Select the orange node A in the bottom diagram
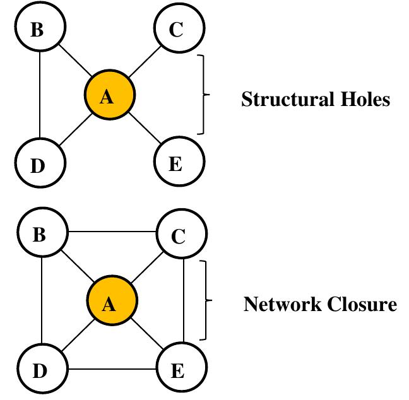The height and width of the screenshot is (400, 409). pyautogui.click(x=110, y=304)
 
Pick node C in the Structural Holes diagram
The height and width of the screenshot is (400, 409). pyautogui.click(x=178, y=30)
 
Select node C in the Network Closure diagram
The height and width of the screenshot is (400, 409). pyautogui.click(x=181, y=236)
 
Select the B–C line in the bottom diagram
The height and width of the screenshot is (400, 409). pyautogui.click(x=111, y=232)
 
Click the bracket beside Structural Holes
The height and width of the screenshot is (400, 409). pyautogui.click(x=203, y=95)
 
